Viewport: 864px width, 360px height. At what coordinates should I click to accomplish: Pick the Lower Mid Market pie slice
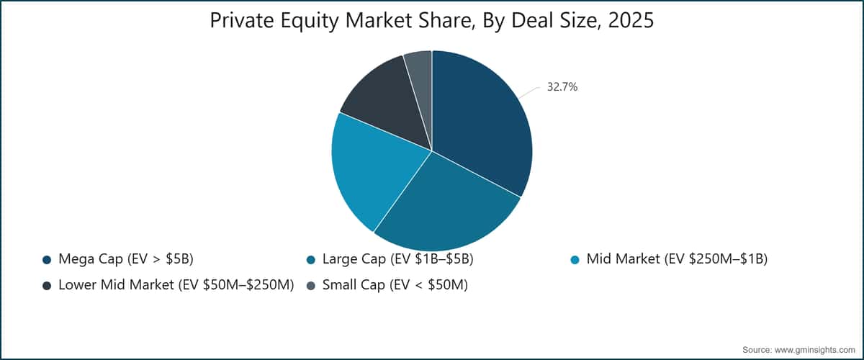click(386, 100)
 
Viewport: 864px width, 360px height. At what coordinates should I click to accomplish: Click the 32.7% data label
click(562, 87)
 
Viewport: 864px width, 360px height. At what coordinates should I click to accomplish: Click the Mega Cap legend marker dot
click(47, 260)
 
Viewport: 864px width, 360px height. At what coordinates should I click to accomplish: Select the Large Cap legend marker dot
click(311, 260)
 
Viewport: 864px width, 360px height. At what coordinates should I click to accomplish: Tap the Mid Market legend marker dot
click(575, 260)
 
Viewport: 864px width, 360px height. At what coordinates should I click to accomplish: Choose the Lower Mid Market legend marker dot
click(47, 286)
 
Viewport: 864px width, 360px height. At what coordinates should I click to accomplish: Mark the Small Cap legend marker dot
click(311, 286)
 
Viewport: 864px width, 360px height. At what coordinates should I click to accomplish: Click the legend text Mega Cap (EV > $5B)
click(126, 259)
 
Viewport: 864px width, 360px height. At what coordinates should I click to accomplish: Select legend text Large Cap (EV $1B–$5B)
click(397, 259)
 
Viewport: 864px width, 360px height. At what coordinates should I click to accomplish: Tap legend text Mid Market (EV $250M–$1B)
click(677, 259)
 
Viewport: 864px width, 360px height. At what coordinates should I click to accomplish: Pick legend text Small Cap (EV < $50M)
click(395, 285)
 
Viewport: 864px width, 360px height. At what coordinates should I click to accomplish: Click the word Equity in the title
click(310, 21)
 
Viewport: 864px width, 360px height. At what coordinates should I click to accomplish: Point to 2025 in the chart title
click(631, 20)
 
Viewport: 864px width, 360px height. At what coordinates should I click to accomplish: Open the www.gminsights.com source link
click(814, 350)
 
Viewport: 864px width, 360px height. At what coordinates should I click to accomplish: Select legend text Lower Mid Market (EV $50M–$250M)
click(176, 285)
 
